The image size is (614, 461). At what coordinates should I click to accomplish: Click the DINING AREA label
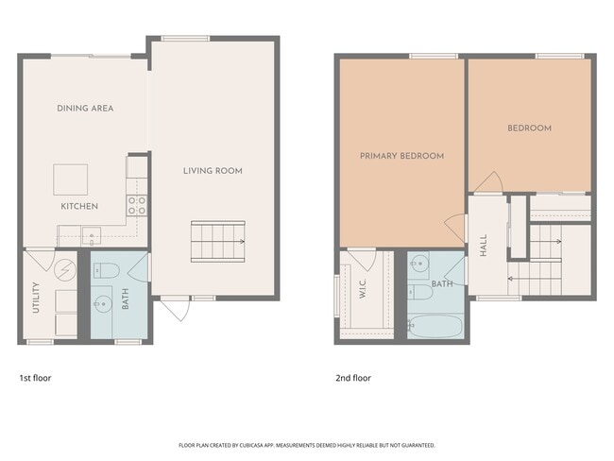tap(85, 109)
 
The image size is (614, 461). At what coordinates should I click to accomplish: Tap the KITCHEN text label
tap(79, 206)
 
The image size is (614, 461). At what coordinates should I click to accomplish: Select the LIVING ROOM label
tap(213, 171)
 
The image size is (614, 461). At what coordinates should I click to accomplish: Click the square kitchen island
tap(70, 179)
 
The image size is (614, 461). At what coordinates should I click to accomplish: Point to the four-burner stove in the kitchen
tap(137, 205)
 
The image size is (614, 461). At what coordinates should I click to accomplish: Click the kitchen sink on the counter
tap(92, 236)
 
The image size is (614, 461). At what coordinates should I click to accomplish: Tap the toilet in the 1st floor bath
tap(106, 272)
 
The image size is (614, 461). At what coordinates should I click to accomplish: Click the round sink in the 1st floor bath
tap(104, 304)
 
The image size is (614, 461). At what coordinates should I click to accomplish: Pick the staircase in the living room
tap(217, 241)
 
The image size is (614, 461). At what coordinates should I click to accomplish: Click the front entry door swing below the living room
tap(172, 309)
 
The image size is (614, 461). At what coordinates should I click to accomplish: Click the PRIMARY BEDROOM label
tap(401, 156)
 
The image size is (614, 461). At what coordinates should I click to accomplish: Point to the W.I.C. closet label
tap(363, 295)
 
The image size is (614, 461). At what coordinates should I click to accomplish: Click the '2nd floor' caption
tap(353, 378)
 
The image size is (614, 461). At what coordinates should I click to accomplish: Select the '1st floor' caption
tap(35, 378)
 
